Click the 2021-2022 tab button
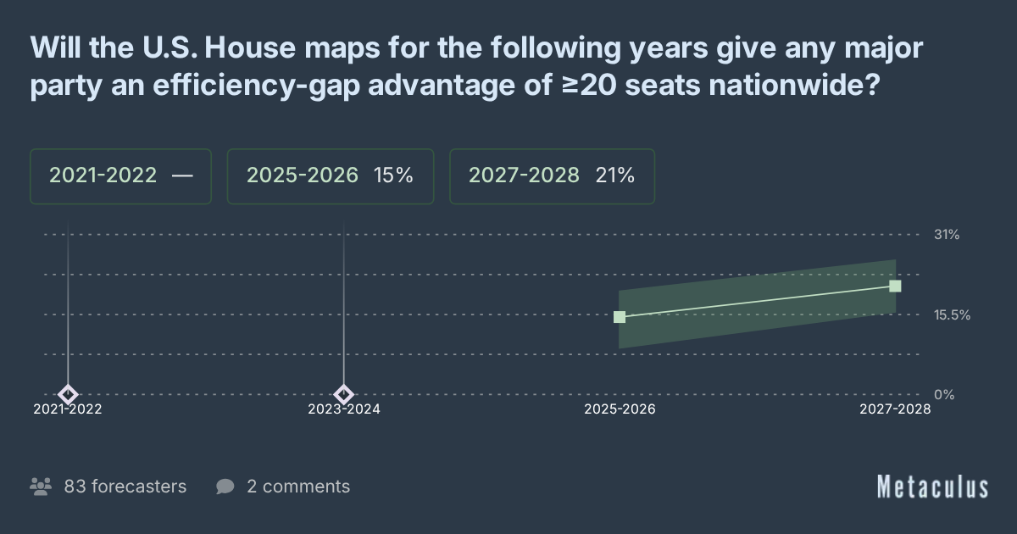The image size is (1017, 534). coord(120,176)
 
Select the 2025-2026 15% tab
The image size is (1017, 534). coord(330,176)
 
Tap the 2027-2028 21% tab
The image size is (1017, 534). coord(552,176)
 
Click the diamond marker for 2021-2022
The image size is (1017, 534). coord(68,394)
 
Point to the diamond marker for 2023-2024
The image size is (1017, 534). coord(343,394)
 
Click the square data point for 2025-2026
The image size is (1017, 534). coord(620,317)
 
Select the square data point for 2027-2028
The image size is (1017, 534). coord(895,286)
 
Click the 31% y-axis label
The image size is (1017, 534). coord(946,235)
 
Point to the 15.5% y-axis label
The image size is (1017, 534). coord(952,314)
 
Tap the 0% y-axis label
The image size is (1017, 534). coord(944,394)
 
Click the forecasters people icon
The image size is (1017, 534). coord(40,487)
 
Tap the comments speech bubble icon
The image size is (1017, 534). coord(225,487)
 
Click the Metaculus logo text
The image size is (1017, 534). coord(932,487)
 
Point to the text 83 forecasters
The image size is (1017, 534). coord(125,487)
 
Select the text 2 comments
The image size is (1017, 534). coord(298,487)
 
